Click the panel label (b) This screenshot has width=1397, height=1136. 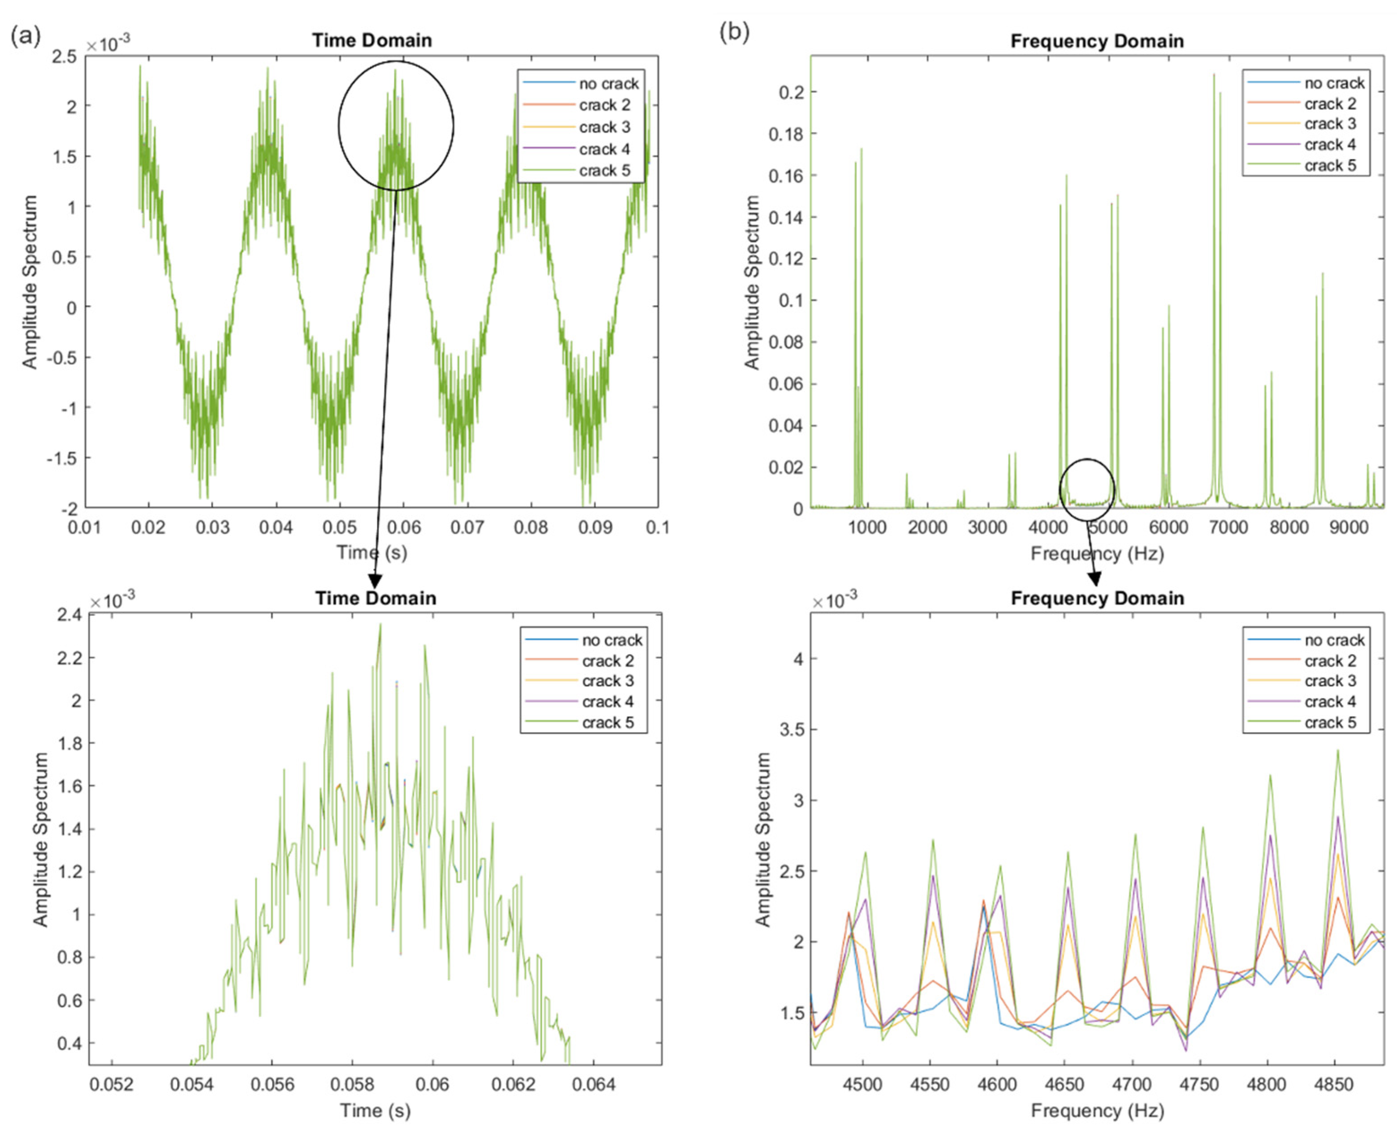(x=734, y=31)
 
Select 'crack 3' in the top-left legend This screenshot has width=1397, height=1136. (x=604, y=127)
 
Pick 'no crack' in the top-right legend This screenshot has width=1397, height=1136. (x=1333, y=83)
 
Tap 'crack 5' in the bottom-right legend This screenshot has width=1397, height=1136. (x=1330, y=722)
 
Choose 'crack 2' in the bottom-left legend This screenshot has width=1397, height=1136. (x=607, y=661)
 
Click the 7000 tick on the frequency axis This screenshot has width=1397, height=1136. (x=1228, y=527)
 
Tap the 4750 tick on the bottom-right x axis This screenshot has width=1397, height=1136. (x=1199, y=1085)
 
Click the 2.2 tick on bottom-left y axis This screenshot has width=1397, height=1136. (x=70, y=658)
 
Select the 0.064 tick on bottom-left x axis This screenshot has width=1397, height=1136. (x=593, y=1085)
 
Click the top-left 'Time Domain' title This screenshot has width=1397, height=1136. (x=372, y=41)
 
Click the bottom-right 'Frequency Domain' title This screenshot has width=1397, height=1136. (x=1097, y=598)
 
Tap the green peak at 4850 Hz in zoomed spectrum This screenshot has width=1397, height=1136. (x=1338, y=751)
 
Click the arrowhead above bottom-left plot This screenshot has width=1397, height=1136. (x=375, y=581)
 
